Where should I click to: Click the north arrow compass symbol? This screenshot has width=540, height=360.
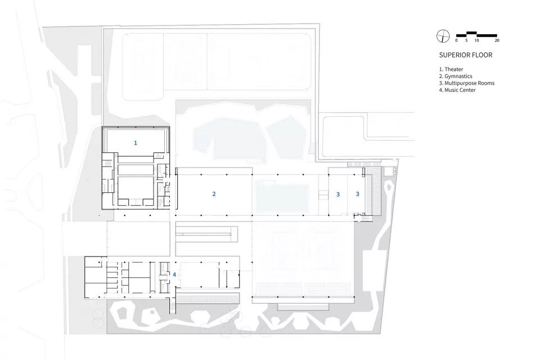[x=443, y=35]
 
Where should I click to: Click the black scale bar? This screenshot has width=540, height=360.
[x=477, y=34]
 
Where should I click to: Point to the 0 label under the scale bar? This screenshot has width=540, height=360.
[x=457, y=41]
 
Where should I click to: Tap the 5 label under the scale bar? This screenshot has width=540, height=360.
[x=466, y=41]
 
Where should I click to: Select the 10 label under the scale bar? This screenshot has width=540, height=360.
[x=476, y=41]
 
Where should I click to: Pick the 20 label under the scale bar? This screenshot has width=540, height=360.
[x=497, y=41]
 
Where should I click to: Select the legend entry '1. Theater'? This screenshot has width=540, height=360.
[x=451, y=69]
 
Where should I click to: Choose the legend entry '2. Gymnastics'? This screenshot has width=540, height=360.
[x=456, y=76]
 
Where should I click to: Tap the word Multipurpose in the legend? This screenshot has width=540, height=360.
[x=461, y=83]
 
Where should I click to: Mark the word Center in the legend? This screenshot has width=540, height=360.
[x=468, y=90]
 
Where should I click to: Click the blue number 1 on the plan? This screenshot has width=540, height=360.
[x=135, y=143]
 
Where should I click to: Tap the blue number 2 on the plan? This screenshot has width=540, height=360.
[x=214, y=193]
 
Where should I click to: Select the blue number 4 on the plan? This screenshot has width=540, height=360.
[x=174, y=274]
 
